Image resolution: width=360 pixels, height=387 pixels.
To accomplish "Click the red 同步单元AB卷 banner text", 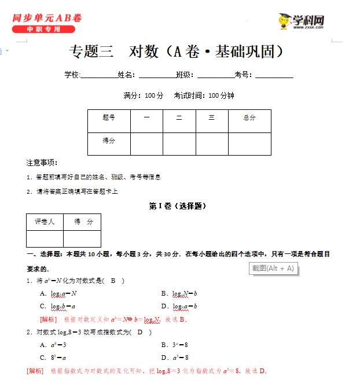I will (46, 18).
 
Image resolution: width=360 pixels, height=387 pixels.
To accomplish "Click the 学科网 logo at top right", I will (300, 22).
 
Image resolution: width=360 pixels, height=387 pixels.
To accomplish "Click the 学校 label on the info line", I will (72, 75).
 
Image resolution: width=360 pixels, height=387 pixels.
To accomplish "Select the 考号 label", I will (242, 75).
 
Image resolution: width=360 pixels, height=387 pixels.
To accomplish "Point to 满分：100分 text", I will (144, 95).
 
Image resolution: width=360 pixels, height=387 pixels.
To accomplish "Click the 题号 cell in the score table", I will (109, 118).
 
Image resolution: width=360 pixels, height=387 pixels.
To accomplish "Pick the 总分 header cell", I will (249, 118).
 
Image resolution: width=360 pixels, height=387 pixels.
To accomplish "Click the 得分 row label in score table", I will (109, 141).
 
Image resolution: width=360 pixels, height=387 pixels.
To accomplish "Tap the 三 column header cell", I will (212, 118).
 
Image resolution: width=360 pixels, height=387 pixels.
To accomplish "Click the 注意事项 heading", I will (42, 163).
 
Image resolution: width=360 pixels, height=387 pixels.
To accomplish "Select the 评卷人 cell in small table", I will (45, 222).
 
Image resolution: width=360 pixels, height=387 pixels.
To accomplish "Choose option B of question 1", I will (179, 293).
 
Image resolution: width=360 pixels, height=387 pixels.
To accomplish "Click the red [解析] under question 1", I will (48, 319).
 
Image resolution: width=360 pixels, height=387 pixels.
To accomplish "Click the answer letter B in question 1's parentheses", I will (113, 281).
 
